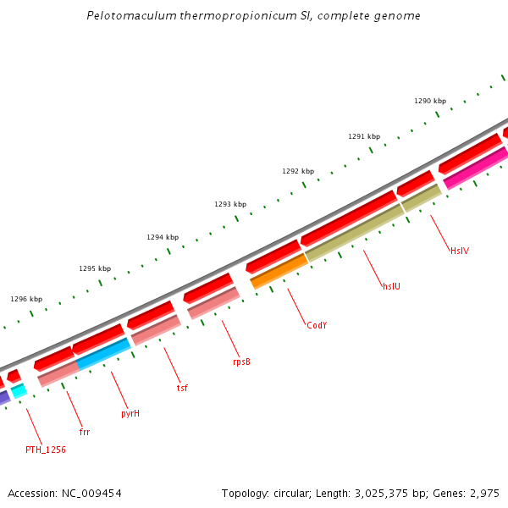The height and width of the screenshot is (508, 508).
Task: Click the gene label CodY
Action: tap(317, 325)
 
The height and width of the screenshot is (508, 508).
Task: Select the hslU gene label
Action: tap(391, 286)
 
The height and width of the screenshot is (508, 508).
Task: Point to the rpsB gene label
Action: tap(241, 362)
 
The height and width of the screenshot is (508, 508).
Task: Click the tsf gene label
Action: tap(182, 388)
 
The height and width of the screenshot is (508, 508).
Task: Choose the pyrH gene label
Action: tap(130, 413)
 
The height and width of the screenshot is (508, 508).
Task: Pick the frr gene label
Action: tap(85, 432)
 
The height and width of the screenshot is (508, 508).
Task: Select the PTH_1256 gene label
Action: tap(46, 450)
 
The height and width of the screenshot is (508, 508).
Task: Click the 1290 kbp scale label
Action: tap(430, 101)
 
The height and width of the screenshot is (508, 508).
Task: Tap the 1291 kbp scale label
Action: tap(364, 136)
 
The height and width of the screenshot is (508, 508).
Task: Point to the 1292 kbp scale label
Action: tap(298, 171)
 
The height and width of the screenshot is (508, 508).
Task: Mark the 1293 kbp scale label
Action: tap(230, 204)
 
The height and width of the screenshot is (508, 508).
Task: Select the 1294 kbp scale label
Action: tap(163, 237)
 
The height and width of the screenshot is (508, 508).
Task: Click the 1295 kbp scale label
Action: tap(95, 268)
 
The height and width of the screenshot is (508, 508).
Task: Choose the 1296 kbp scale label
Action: tap(26, 299)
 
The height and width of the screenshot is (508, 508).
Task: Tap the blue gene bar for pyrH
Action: tap(103, 354)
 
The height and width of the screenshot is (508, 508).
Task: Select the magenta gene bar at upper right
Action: tap(475, 168)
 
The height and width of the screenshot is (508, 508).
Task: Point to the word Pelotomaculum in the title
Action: tap(128, 16)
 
